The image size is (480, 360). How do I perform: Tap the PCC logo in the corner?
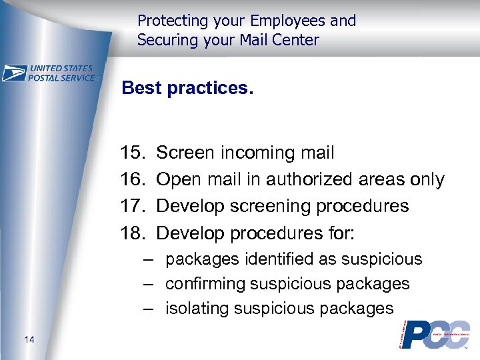pyautogui.click(x=435, y=334)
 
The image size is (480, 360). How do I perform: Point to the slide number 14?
pyautogui.click(x=29, y=341)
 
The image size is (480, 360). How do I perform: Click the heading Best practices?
pyautogui.click(x=188, y=89)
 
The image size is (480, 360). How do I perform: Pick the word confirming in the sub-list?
pyautogui.click(x=205, y=283)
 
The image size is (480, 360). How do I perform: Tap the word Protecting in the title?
pyautogui.click(x=169, y=21)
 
